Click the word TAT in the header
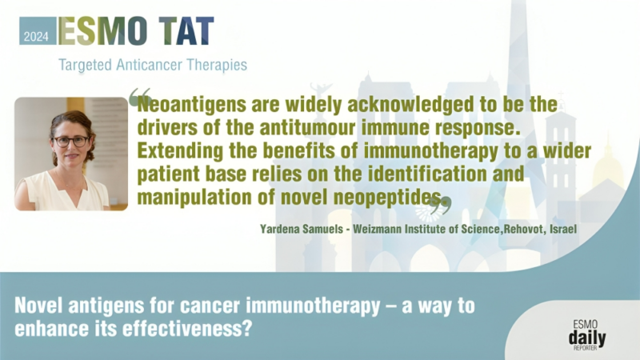click(x=186, y=30)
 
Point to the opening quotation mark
click(x=139, y=97)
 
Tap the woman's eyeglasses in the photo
click(x=71, y=141)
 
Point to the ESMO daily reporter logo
click(x=587, y=333)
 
